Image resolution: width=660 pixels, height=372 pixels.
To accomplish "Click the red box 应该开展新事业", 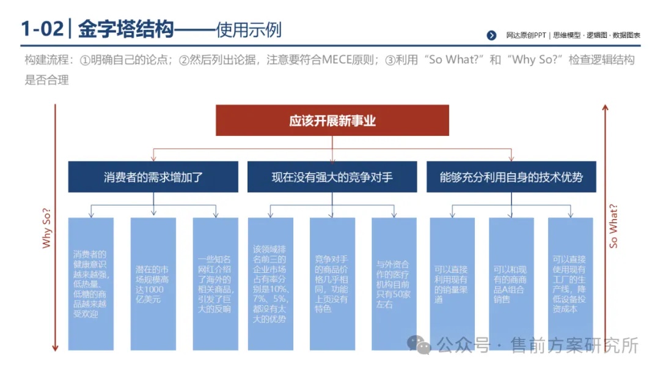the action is tap(332, 121).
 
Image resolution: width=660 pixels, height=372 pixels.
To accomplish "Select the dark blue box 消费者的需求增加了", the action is tap(153, 177).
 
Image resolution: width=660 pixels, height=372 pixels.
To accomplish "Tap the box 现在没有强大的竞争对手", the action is tap(332, 177).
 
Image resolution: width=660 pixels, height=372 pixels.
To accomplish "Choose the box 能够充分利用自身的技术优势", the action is tap(512, 177).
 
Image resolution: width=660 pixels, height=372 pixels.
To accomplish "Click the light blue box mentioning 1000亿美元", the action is tap(153, 283).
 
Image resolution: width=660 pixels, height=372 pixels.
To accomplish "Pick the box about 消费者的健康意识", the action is tap(91, 283).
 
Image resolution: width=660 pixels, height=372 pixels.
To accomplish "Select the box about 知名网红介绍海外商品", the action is tap(216, 283).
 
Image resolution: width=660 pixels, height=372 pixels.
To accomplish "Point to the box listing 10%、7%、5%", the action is tap(271, 283).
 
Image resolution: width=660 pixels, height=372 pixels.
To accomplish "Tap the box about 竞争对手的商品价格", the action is tap(332, 283).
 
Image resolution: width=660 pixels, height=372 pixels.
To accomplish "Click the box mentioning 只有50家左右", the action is tap(394, 283).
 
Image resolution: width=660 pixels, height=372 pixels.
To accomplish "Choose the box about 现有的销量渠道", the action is tap(452, 283).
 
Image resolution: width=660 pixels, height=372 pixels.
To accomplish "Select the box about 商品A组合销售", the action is tap(512, 283).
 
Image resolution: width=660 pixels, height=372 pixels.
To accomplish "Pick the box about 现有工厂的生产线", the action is tap(570, 283).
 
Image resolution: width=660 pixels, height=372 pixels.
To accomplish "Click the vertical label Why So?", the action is tap(46, 228).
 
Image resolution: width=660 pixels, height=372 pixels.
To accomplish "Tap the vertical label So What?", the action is tap(614, 226).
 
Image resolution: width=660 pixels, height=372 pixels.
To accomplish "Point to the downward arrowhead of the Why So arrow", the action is tap(55, 348).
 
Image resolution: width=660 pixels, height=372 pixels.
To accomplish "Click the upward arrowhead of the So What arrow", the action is tap(605, 108).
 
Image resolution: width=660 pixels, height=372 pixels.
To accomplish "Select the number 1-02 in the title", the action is tap(42, 29).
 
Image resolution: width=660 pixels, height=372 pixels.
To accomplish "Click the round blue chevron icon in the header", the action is tap(491, 35).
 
